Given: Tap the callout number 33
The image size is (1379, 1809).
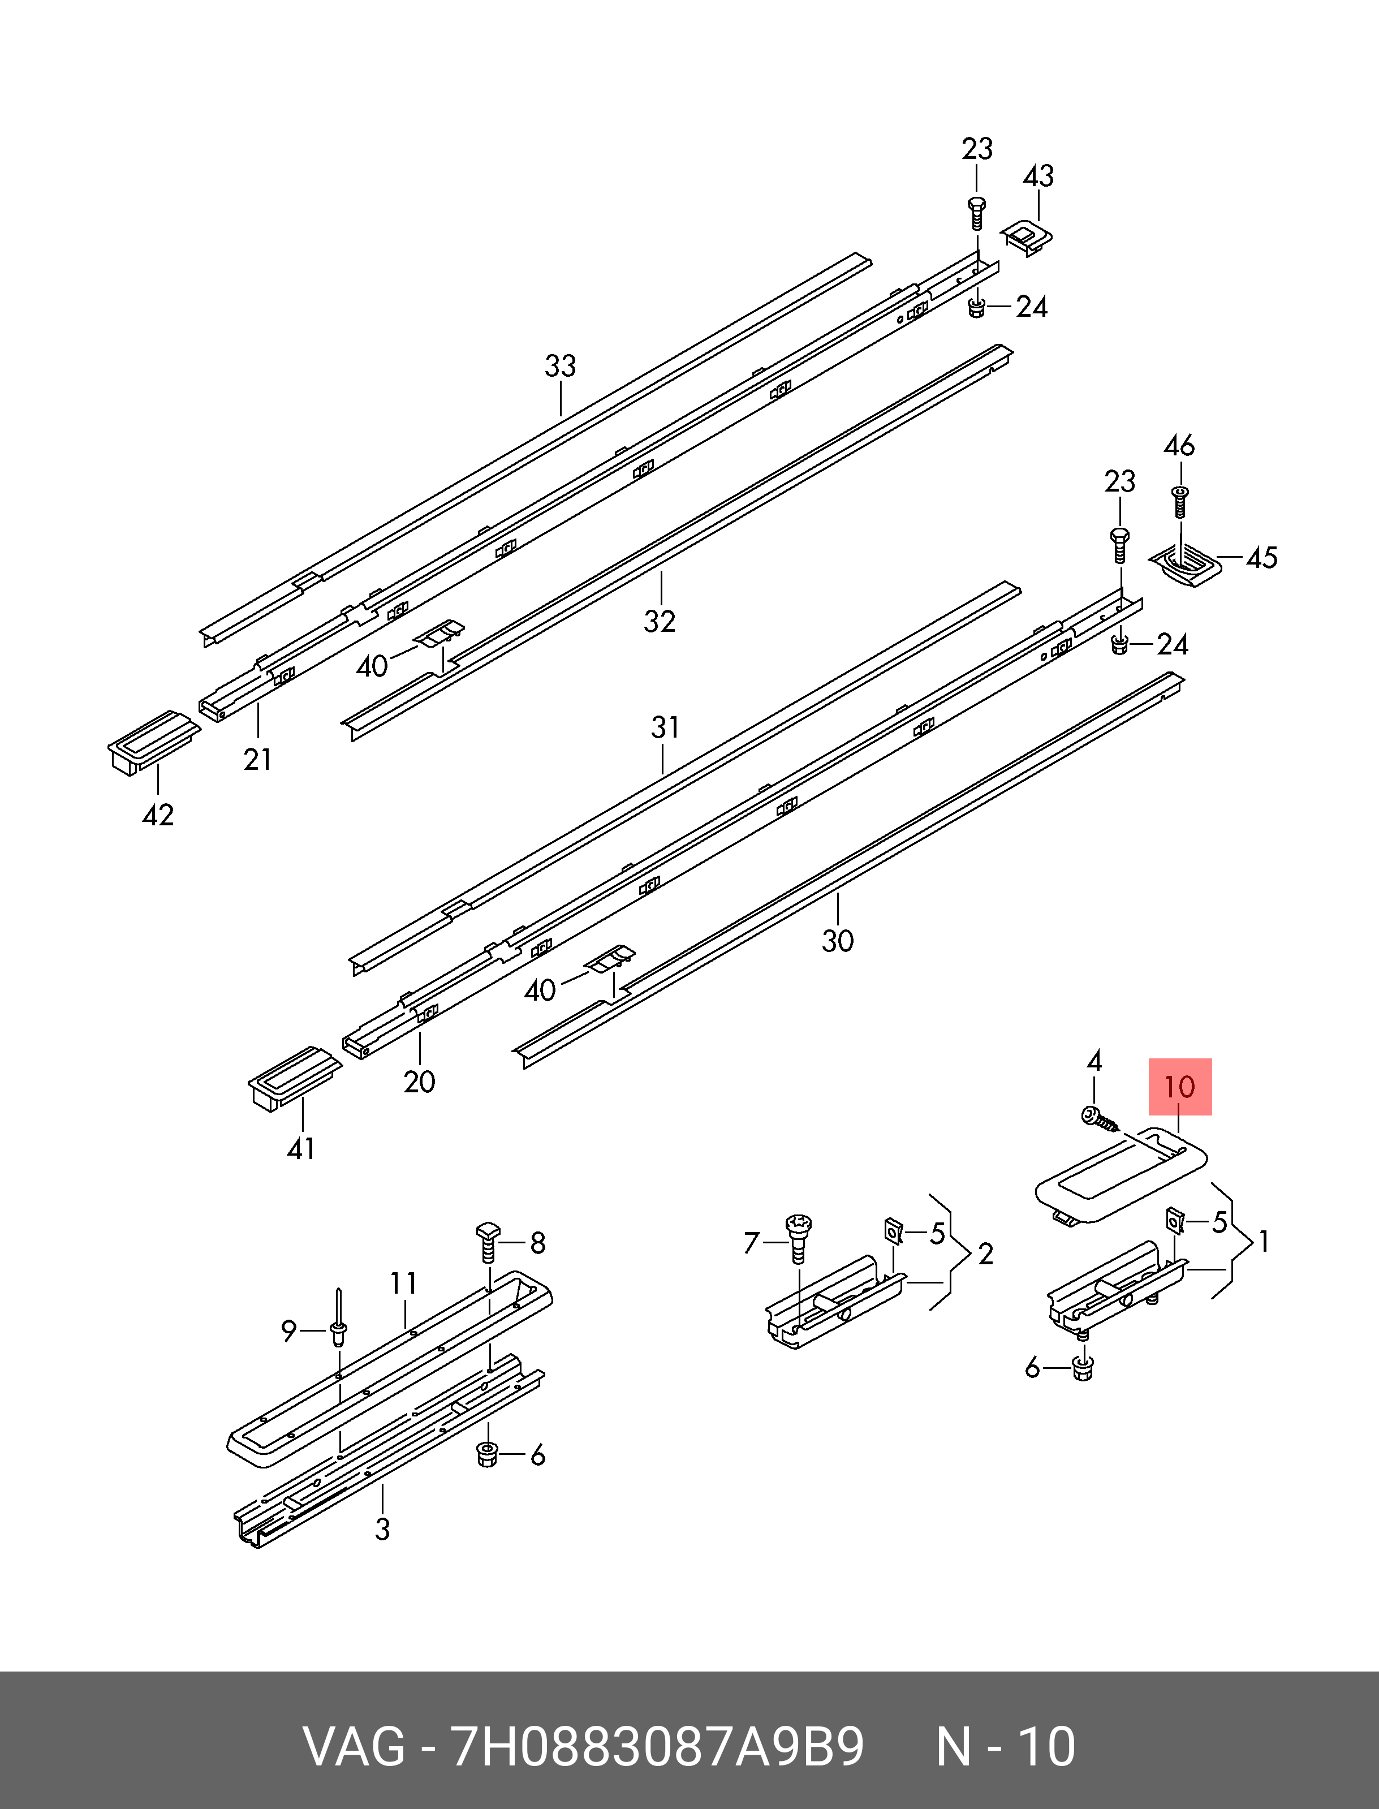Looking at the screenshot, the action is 561,366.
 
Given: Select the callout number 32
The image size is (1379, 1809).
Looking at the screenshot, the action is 660,621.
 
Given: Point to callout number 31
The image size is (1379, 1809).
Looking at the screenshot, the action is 665,727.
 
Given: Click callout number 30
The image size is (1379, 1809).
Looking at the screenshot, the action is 838,941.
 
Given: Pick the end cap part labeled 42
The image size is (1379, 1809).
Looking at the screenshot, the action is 153,741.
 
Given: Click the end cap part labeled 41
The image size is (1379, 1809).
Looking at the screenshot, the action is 295,1078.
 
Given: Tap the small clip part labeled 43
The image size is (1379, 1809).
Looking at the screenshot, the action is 1027,238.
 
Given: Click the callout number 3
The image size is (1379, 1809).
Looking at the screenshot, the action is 382,1529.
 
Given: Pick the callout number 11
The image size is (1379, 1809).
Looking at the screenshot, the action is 403,1283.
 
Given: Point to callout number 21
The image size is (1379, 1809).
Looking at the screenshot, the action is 258,760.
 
